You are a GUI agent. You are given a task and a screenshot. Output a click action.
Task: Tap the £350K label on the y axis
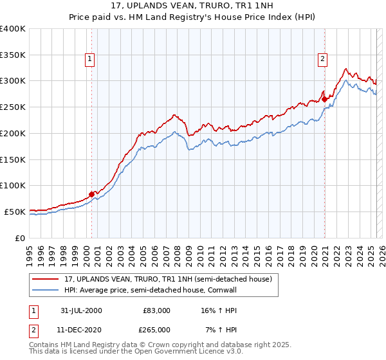coord(13,55)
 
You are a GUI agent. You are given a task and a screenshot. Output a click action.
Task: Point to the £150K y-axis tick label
coord(13,159)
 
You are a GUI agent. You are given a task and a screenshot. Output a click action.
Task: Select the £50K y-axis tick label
coord(15,212)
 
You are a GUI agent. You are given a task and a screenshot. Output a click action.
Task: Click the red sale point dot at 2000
coord(91,193)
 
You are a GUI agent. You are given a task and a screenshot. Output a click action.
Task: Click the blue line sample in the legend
coord(46,290)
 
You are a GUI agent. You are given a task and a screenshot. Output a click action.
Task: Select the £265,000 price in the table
coord(156,329)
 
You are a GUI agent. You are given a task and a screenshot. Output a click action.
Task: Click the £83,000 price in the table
coord(156,310)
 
